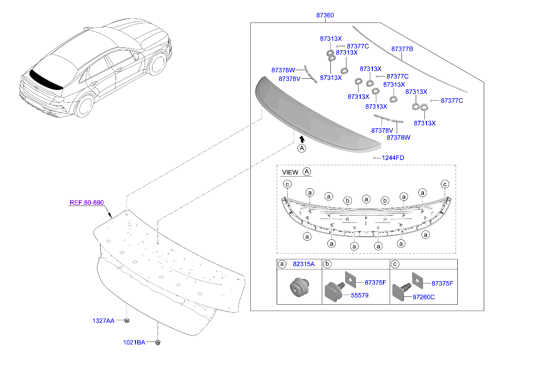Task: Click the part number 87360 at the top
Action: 325,15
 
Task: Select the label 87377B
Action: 402,49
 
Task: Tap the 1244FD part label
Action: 393,158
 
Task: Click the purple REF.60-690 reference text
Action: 86,203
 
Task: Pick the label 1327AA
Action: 103,321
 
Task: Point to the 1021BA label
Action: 133,342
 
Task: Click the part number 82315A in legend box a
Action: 303,264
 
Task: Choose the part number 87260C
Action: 424,297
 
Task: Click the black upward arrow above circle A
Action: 301,139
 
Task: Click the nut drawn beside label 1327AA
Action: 127,321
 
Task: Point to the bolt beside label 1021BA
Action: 158,343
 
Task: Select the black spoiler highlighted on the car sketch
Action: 45,80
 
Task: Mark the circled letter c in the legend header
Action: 395,264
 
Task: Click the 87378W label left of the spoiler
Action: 283,70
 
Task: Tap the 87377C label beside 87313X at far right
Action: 452,100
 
